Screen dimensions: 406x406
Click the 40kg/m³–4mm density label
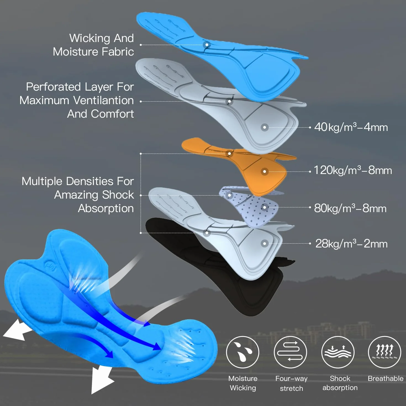[351, 127]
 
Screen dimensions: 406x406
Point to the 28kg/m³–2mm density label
[351, 244]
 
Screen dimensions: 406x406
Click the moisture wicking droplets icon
[242, 352]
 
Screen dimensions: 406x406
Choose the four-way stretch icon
[290, 352]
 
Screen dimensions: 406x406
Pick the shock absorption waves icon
[338, 352]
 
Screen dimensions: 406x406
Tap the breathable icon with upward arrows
[384, 352]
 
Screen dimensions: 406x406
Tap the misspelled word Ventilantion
[104, 100]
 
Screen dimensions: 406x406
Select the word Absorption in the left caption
[106, 209]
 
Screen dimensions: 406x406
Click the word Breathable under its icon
[386, 378]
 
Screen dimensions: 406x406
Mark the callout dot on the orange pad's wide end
[265, 172]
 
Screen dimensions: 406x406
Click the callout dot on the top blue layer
[207, 45]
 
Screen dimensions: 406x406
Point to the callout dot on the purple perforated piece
[265, 207]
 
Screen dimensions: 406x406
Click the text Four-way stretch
[291, 383]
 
